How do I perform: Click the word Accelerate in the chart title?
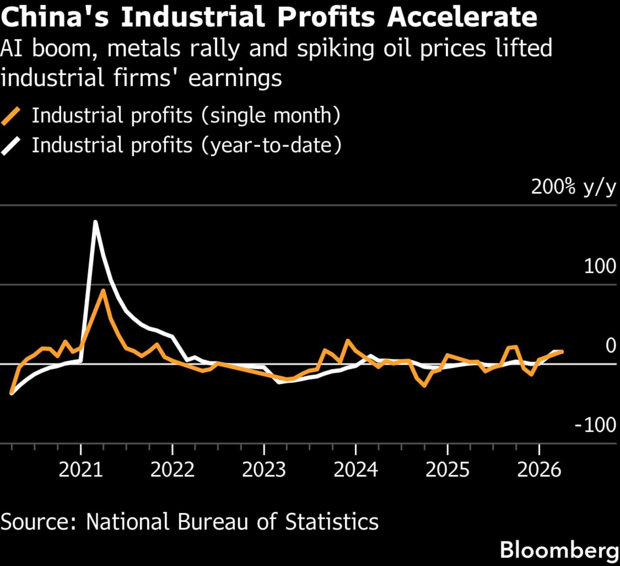click(462, 17)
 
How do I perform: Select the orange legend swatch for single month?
click(11, 116)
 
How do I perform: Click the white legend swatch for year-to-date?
click(11, 146)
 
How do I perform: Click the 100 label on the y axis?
click(600, 266)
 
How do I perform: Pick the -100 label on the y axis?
click(595, 425)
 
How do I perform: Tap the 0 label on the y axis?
click(610, 346)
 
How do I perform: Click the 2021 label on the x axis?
click(81, 470)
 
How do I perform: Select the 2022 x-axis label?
click(172, 470)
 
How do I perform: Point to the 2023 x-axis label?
click(264, 470)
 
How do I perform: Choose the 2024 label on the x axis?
click(356, 470)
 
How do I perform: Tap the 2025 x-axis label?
click(447, 470)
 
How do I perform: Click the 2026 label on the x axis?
click(539, 470)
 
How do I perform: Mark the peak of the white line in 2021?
click(95, 222)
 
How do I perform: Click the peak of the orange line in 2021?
click(103, 290)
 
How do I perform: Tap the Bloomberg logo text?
click(559, 550)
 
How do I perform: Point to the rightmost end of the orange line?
click(562, 351)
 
